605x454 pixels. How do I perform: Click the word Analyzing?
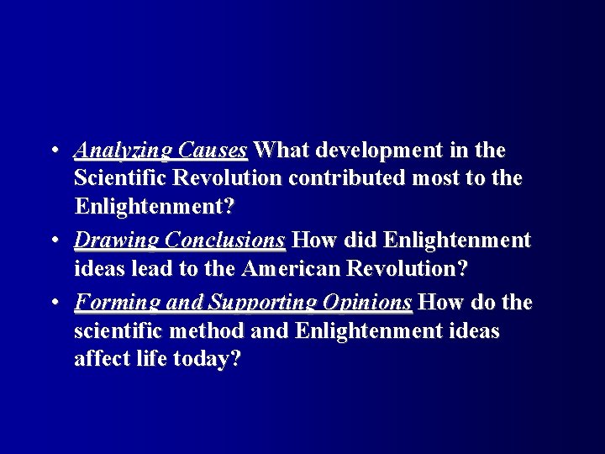123,151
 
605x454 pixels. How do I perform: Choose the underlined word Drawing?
117,242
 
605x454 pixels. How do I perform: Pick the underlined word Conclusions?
225,241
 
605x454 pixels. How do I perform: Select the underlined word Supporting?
262,303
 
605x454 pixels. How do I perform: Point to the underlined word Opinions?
367,303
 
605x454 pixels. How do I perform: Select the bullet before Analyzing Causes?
53,150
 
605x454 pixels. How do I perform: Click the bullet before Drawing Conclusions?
53,241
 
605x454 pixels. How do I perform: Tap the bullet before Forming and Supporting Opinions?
53,302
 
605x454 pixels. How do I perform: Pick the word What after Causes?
281,150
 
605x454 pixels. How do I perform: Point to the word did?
359,241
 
